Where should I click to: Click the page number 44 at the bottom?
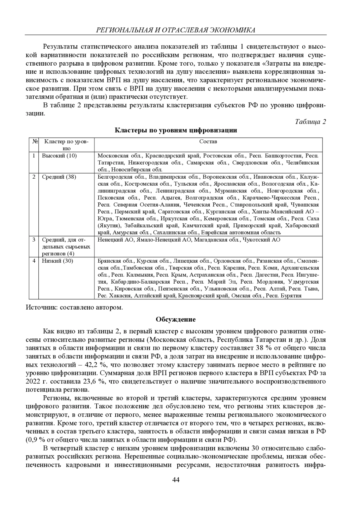click(176, 480)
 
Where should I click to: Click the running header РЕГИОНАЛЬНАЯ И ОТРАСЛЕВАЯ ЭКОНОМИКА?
click(175, 30)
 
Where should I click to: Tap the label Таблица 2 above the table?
click(310, 122)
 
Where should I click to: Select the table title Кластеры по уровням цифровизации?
click(176, 130)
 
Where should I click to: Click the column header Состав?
click(208, 141)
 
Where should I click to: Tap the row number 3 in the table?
click(34, 240)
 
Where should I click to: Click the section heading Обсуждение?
click(175, 320)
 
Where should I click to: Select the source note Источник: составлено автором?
click(74, 308)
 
